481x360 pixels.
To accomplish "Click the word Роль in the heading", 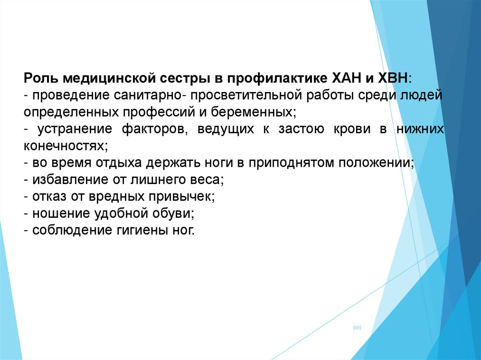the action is coord(41,78).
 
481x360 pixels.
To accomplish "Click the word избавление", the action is coord(70,179).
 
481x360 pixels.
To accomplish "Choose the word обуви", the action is coord(174,214).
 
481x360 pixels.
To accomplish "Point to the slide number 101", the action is coord(357,328).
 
